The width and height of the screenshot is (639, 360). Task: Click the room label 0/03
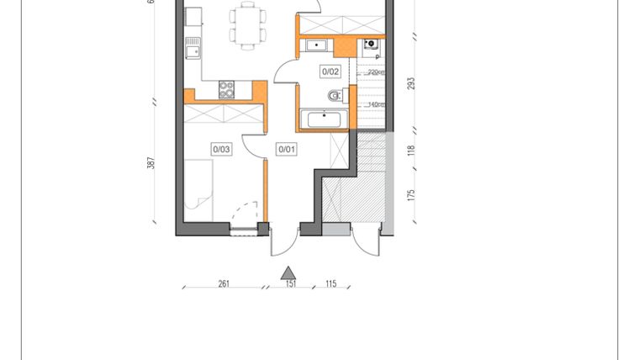[x=221, y=149]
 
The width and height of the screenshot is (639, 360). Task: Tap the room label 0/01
[x=288, y=149]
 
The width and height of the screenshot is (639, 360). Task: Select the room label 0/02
[x=330, y=71]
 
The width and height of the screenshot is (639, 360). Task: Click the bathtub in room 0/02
[x=324, y=119]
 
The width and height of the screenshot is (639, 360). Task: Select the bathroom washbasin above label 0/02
[x=316, y=45]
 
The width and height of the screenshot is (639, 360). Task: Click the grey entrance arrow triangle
[x=288, y=272]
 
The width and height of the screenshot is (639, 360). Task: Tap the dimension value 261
[x=224, y=284]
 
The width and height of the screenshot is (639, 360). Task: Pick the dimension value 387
[x=151, y=164]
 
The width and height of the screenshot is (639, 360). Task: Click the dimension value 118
[x=411, y=151]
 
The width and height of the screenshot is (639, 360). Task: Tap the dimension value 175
[x=411, y=194]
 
